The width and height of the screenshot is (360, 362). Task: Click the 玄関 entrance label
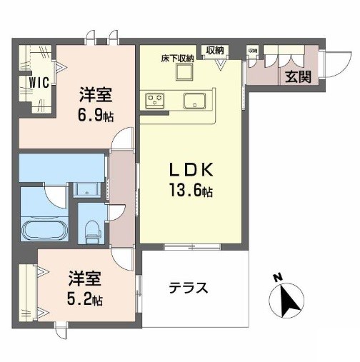298,76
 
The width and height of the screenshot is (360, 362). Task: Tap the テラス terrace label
189,288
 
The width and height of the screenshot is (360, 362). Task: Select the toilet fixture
91,228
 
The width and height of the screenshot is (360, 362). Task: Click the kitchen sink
194,99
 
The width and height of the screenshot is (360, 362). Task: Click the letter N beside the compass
279,277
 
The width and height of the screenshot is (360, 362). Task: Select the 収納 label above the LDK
215,50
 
